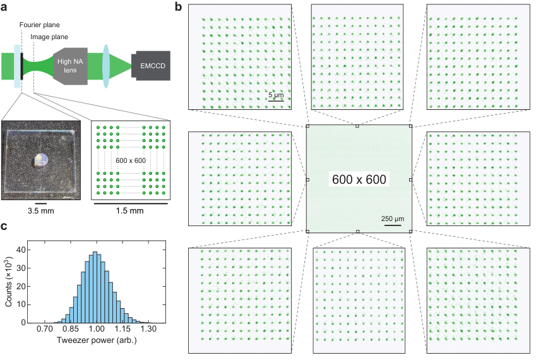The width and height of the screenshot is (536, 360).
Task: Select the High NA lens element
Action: (x=71, y=66)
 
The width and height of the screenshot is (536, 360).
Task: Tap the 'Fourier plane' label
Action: (x=39, y=25)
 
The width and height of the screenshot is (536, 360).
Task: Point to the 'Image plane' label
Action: (x=49, y=37)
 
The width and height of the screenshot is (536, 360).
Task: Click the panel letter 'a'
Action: (x=4, y=6)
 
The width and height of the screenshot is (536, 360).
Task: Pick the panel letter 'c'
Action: (x=4, y=227)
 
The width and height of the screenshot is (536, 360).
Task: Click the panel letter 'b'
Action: (x=178, y=6)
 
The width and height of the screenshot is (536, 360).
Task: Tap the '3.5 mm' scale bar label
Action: (x=41, y=211)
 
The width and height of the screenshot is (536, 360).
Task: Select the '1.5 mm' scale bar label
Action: (x=130, y=211)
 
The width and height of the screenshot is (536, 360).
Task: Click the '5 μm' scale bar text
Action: (x=276, y=95)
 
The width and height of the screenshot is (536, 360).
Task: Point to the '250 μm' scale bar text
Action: (x=393, y=219)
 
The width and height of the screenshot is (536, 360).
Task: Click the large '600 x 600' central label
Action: (x=359, y=179)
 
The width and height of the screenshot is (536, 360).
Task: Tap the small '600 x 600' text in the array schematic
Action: (x=131, y=160)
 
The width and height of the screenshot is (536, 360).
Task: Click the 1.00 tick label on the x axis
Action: (x=97, y=329)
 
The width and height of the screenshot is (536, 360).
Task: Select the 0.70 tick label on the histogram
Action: (x=45, y=329)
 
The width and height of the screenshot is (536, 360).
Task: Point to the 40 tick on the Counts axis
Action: (x=21, y=250)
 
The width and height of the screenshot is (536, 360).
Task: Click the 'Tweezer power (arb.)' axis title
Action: (x=97, y=340)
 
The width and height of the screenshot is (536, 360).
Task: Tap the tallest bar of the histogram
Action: (x=95, y=287)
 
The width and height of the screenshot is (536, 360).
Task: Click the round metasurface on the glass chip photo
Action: (x=42, y=160)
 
